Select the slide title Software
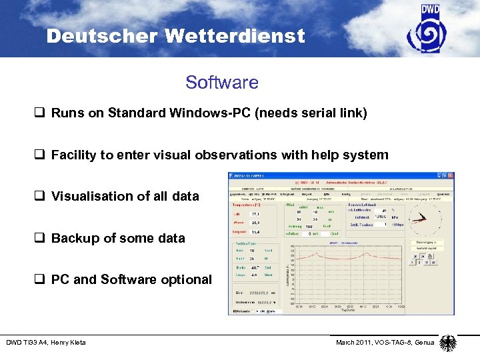pos(222,83)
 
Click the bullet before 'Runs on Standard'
pos(42,113)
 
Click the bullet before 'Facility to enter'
pos(42,155)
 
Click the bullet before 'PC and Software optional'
pos(42,279)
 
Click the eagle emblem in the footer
pos(448,343)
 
